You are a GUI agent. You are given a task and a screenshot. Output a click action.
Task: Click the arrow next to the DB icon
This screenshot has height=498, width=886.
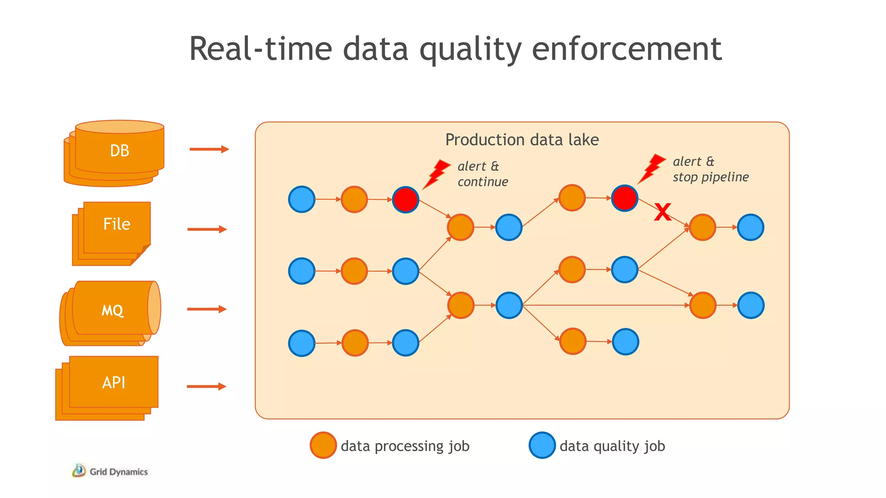[209, 149]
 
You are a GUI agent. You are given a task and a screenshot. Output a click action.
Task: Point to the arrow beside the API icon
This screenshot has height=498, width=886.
[206, 386]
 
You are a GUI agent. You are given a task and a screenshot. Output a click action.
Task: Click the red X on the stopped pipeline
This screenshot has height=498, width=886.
[662, 212]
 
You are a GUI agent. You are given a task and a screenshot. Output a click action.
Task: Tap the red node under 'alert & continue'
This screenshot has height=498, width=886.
[405, 199]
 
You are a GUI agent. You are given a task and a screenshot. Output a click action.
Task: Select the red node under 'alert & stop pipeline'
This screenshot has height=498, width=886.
[624, 198]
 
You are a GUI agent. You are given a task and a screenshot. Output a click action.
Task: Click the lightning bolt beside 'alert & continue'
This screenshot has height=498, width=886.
[437, 173]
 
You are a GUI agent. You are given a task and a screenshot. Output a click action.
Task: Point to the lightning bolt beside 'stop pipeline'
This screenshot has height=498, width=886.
[652, 168]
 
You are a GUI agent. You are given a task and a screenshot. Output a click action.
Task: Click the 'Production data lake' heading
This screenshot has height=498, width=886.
[522, 140]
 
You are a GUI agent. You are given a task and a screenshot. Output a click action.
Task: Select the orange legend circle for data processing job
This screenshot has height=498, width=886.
[323, 445]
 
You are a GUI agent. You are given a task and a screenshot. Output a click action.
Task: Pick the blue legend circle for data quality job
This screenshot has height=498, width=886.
[542, 445]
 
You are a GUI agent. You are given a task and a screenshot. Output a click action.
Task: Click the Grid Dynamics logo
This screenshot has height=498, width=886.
[110, 471]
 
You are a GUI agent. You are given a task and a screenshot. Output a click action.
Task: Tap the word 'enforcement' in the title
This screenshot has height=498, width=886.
[626, 48]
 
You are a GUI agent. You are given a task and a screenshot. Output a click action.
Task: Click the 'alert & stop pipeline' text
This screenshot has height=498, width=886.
[710, 169]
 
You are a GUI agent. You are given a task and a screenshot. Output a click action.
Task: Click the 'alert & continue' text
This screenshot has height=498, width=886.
[482, 174]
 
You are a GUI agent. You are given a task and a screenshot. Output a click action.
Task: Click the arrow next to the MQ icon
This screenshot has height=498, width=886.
[207, 309]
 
